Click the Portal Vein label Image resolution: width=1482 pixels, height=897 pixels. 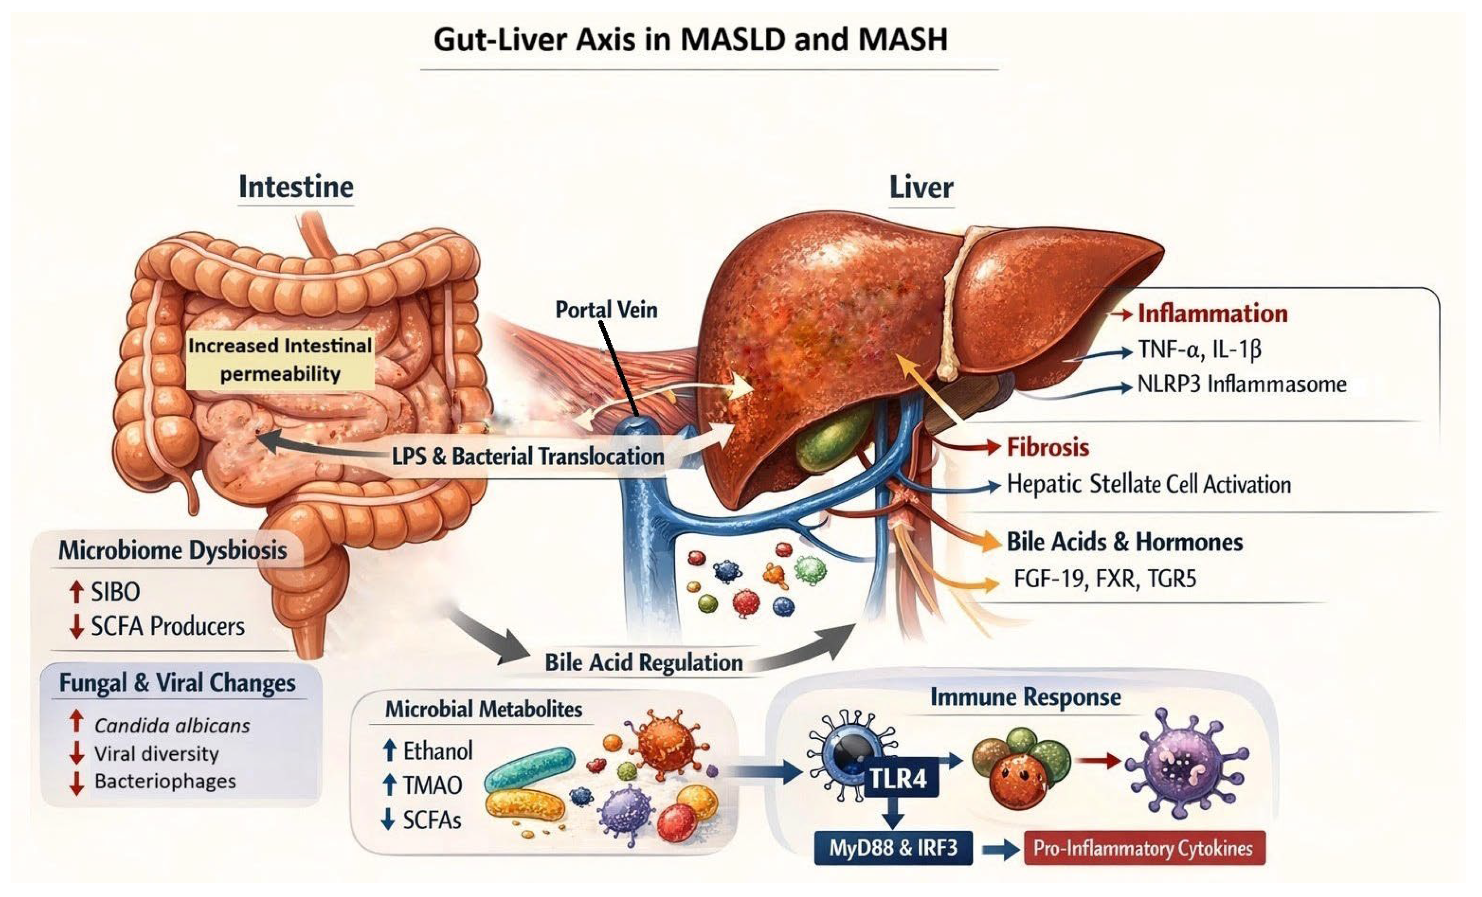606,310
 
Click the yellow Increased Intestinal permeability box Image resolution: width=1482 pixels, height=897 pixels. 280,359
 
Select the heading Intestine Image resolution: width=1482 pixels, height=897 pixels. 296,187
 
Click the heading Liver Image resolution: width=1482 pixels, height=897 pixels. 921,187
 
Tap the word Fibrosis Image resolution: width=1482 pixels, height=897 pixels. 1048,447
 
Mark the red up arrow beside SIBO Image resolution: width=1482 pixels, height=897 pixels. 76,592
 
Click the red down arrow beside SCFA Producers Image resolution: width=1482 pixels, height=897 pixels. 76,627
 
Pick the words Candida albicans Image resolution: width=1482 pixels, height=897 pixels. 172,726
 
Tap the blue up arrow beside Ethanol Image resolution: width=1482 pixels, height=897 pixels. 389,750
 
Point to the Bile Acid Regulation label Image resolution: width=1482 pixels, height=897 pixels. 644,663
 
